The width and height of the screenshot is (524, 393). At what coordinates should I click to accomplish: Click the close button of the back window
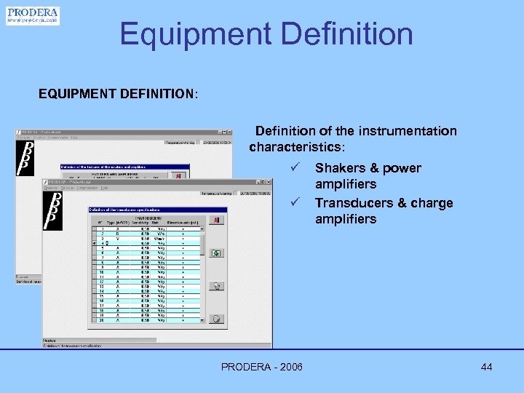point(229,132)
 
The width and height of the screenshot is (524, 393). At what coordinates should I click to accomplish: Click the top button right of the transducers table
point(216,220)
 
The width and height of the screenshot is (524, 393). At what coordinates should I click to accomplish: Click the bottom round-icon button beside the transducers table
point(216,318)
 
